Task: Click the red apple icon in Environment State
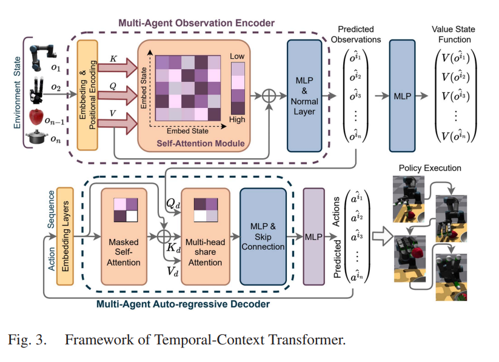point(38,116)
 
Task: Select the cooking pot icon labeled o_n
point(39,139)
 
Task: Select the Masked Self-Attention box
point(123,236)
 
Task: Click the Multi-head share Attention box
point(206,236)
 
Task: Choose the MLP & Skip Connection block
point(263,236)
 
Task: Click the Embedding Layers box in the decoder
point(65,236)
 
